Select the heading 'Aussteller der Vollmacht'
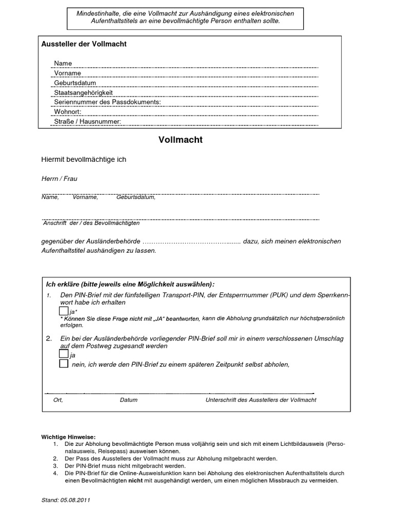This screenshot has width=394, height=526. (x=84, y=44)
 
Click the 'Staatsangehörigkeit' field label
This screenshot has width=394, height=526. (x=83, y=92)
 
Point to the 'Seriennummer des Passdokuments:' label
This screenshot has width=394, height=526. (x=107, y=102)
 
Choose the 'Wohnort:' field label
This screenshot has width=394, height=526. (x=68, y=111)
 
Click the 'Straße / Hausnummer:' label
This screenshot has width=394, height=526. (x=87, y=121)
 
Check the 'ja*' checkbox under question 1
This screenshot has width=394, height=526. (x=64, y=311)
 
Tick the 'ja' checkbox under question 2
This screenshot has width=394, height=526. (x=64, y=354)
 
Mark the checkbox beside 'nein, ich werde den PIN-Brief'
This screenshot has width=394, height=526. (x=64, y=364)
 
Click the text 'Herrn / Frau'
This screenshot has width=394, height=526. (x=59, y=178)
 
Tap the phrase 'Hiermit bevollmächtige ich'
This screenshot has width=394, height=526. (x=83, y=160)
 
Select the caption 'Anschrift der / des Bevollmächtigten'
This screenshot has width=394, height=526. (x=91, y=223)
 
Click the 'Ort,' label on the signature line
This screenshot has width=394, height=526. (x=58, y=400)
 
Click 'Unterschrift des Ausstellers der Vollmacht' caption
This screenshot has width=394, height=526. (x=261, y=400)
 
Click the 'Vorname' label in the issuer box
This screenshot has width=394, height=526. (x=68, y=73)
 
